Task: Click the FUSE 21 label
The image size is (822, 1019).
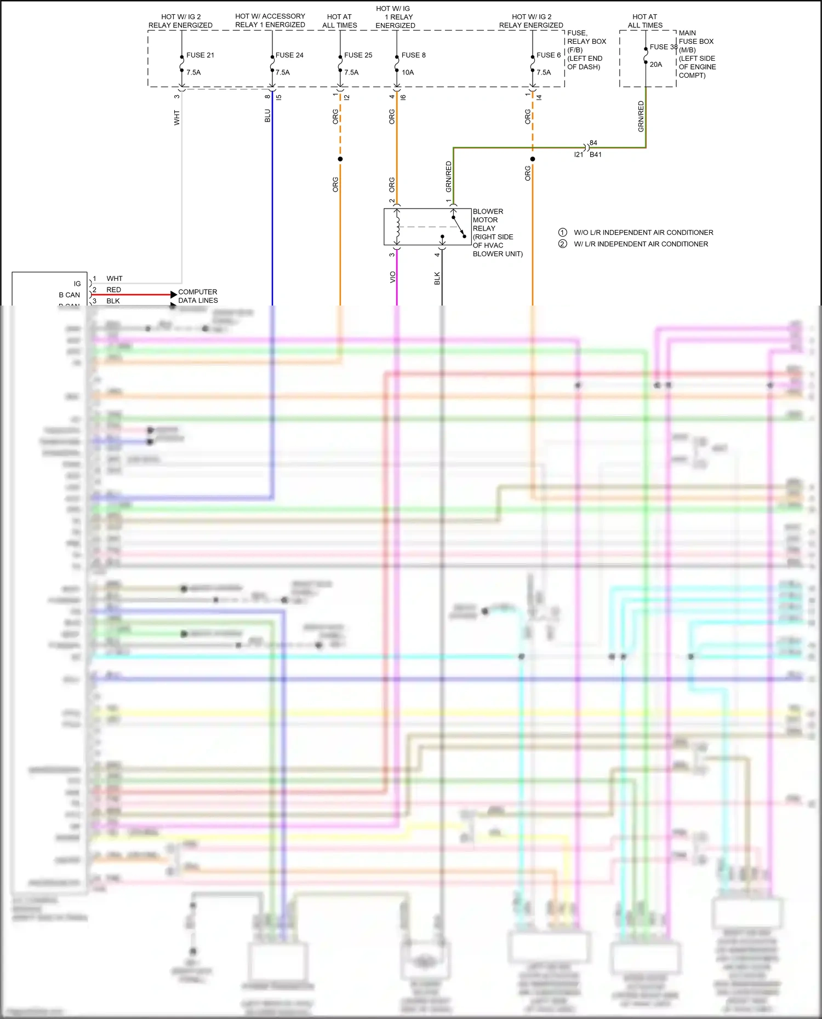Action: [200, 55]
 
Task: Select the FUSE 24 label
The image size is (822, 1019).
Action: [289, 55]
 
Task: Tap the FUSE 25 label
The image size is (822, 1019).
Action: [358, 55]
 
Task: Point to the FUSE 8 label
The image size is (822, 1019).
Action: [413, 55]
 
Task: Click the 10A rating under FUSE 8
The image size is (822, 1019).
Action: [408, 72]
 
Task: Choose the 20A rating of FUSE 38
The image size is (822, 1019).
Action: [656, 65]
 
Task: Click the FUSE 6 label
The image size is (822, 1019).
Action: [548, 55]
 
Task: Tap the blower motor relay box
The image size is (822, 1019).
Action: [427, 227]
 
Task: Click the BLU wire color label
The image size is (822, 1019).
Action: [267, 116]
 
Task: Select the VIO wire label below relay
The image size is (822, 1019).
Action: [392, 277]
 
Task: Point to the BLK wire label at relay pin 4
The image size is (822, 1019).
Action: [437, 278]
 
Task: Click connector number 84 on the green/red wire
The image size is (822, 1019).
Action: [593, 143]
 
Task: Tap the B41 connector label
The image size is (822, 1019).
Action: [596, 155]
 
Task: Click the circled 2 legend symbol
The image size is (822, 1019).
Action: [562, 244]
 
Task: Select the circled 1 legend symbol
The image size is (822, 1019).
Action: [562, 232]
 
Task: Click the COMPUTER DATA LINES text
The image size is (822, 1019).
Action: [198, 296]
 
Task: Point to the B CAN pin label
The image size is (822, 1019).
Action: [69, 295]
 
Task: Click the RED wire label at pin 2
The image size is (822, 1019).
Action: [113, 290]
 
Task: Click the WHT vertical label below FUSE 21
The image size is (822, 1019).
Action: [176, 118]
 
